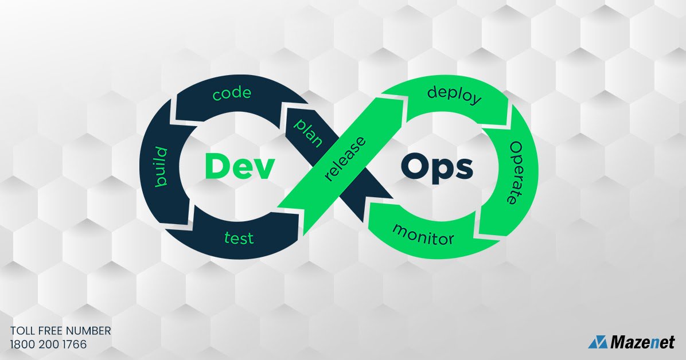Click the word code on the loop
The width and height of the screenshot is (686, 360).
[x=232, y=93]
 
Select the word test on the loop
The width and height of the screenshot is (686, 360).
[x=239, y=237]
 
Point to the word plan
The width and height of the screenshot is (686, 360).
[x=308, y=133]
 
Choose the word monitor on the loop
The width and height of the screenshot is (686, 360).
[x=423, y=234]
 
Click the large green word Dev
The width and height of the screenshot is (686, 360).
[x=237, y=166]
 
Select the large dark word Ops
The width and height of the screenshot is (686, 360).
[x=437, y=167]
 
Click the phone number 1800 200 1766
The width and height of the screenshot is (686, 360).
[x=48, y=345]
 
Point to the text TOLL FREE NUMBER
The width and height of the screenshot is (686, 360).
[x=60, y=331]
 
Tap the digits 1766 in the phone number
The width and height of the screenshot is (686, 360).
[x=75, y=345]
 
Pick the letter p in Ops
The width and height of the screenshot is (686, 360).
[x=443, y=170]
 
